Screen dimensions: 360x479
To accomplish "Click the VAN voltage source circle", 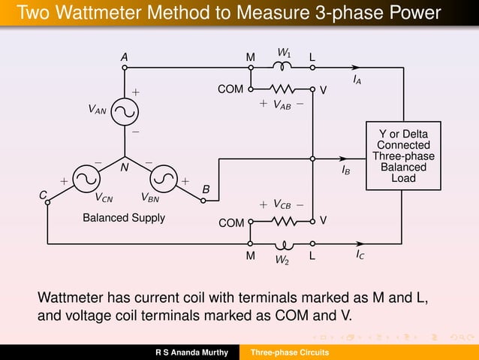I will point(125,111).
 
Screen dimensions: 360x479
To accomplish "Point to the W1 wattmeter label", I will point(285,53).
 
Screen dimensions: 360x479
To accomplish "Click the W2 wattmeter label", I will point(282,261).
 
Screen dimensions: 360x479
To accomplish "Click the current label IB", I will point(345,171).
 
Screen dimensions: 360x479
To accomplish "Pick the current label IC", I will point(361,256).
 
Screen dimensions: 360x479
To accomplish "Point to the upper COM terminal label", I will point(230,89).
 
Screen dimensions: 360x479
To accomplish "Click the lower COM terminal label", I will point(230,223).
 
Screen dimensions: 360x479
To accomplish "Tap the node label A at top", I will point(124,57).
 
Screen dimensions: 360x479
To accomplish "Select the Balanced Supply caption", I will point(123,218).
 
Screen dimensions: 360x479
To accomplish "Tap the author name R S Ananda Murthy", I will point(191,352).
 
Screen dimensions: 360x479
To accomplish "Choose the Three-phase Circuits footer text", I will point(289,352).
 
